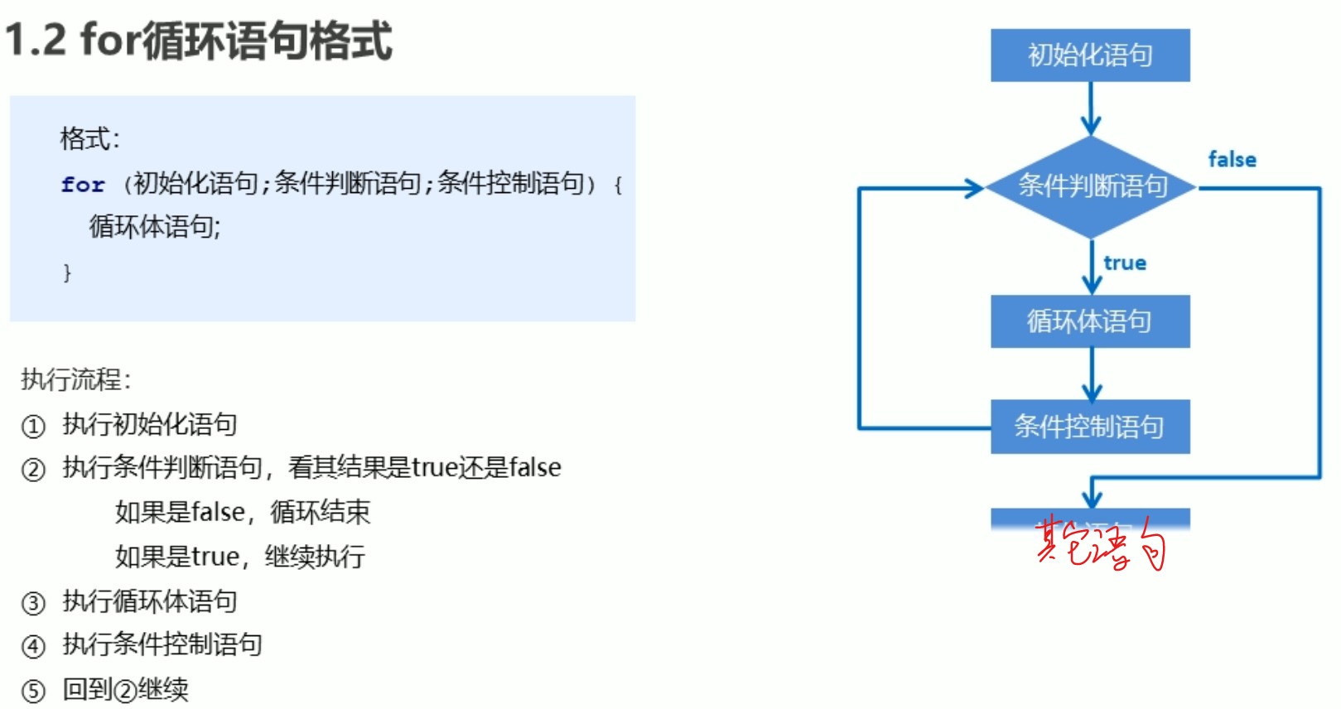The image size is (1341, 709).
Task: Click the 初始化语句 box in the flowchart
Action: click(1089, 55)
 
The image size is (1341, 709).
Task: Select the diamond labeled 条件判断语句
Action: click(1091, 186)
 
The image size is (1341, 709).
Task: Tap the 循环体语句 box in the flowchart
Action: click(1089, 321)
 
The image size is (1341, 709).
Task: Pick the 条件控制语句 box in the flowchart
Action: click(1089, 427)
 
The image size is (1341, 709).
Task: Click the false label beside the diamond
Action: click(1232, 159)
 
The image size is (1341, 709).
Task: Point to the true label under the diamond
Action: click(1124, 263)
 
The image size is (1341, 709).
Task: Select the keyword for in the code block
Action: click(83, 184)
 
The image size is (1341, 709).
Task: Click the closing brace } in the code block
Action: click(67, 273)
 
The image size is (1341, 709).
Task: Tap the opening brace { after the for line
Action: click(618, 184)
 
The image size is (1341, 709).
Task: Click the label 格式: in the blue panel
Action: click(89, 138)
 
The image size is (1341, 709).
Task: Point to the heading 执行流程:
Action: click(75, 379)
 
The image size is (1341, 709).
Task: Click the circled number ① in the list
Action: click(33, 427)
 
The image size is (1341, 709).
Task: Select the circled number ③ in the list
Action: click(33, 603)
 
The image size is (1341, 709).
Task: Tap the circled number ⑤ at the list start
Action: click(33, 691)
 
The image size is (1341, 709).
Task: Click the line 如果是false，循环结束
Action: click(242, 512)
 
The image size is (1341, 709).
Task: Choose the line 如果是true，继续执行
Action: click(239, 557)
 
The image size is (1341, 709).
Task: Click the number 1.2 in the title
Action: click(36, 40)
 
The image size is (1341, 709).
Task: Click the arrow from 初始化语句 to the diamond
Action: click(1091, 109)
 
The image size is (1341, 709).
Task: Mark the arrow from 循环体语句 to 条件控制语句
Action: click(1092, 374)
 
